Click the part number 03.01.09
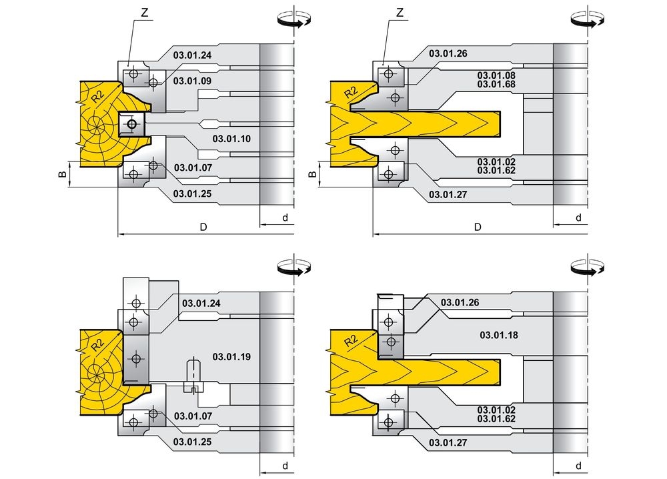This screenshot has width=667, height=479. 192,81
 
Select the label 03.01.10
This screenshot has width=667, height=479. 231,139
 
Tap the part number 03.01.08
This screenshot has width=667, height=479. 496,75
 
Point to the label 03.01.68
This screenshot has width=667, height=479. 496,84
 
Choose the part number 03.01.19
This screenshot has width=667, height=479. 231,356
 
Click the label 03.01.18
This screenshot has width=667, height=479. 499,335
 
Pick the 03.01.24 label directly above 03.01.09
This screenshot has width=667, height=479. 192,55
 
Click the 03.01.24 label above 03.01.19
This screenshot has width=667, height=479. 201,304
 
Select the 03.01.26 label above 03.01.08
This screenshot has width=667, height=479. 448,53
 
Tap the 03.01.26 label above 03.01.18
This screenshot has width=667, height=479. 460,302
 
